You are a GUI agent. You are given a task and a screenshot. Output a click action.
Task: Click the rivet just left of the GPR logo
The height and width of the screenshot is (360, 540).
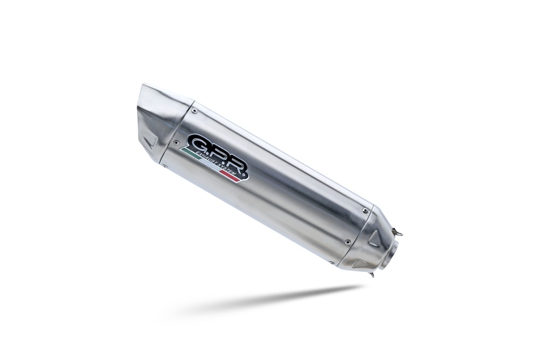tap(177, 142)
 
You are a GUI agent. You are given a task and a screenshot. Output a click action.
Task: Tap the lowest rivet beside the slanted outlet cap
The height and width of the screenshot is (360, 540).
tap(166, 167)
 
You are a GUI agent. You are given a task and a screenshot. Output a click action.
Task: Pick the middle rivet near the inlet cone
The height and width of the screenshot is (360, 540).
tap(347, 241)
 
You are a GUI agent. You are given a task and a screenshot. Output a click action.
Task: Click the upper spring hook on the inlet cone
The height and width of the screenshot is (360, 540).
tap(398, 233)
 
